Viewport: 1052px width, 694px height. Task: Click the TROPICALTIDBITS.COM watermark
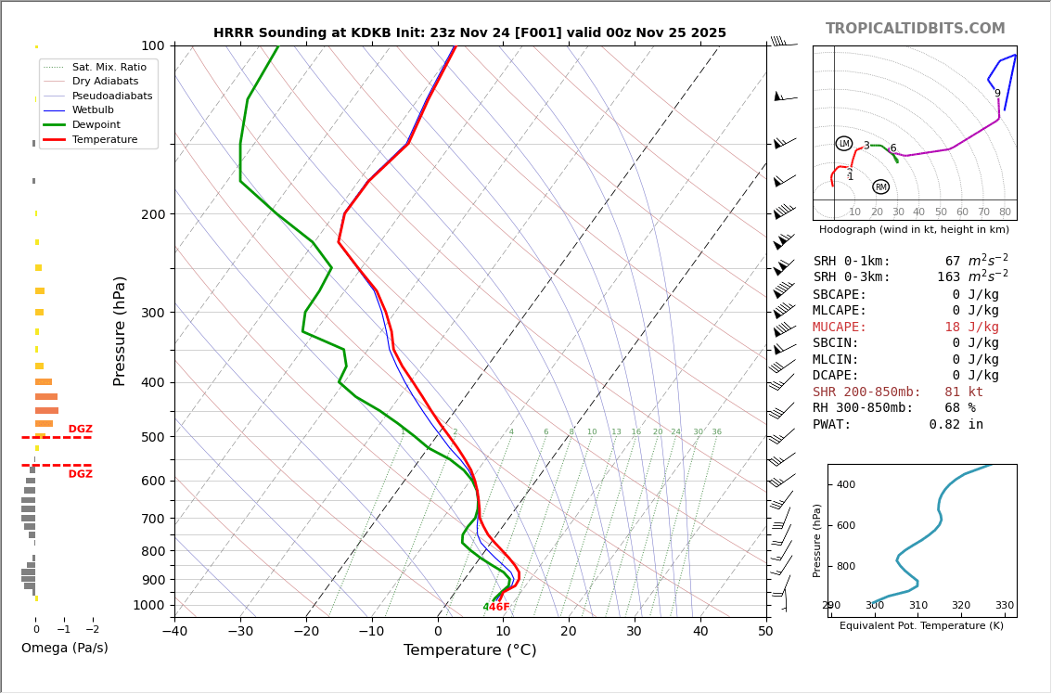point(915,29)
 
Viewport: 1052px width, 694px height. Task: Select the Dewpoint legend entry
point(96,124)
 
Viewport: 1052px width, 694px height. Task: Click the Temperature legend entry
point(104,139)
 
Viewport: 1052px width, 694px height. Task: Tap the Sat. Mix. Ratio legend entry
point(109,68)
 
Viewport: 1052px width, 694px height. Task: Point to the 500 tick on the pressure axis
point(152,437)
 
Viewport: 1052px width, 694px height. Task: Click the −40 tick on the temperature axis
point(174,632)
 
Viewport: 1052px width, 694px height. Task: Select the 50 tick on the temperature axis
point(765,632)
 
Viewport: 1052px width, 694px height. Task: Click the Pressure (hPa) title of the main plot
point(120,330)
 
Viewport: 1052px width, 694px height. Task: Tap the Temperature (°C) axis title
point(469,650)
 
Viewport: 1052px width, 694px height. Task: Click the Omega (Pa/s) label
point(65,648)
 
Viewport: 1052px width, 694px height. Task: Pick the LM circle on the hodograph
point(844,144)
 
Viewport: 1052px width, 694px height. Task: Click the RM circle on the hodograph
point(880,187)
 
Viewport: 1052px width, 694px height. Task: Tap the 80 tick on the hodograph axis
point(1005,212)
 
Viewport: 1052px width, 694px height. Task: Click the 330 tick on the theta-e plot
point(1005,605)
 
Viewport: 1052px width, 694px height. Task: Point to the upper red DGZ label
point(81,430)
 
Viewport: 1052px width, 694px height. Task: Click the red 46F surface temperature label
point(499,608)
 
